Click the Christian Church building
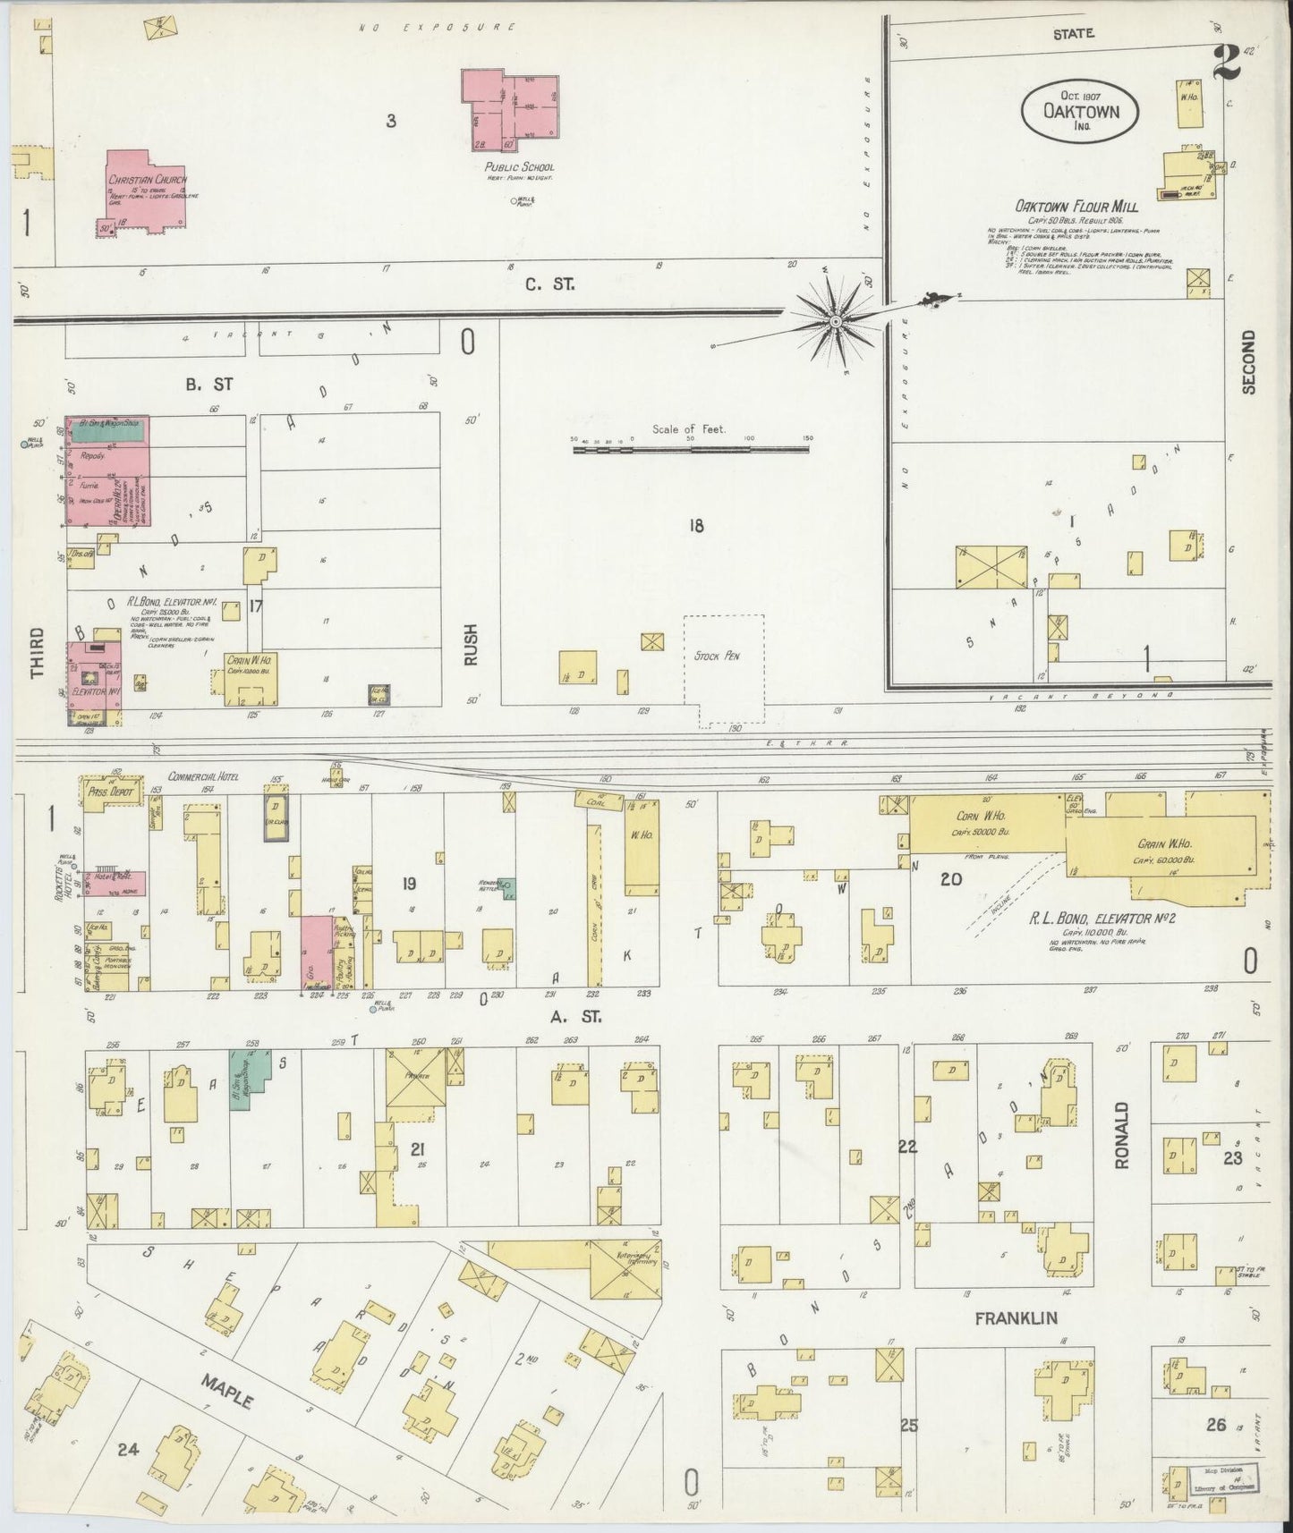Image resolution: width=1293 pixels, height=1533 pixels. (143, 192)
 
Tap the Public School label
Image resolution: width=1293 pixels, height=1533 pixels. (519, 167)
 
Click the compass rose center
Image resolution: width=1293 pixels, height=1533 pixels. (835, 320)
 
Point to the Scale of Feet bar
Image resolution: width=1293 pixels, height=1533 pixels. (692, 450)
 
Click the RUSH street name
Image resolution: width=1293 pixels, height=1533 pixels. (471, 643)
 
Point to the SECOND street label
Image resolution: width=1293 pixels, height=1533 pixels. (1249, 361)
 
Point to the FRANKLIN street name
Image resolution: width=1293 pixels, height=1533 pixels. (1016, 1317)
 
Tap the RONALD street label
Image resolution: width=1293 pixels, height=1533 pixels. (1122, 1137)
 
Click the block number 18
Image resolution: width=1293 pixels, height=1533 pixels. (695, 526)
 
